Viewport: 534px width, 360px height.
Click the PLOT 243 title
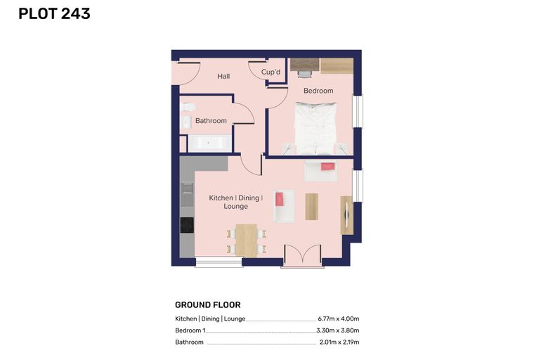[x=54, y=14]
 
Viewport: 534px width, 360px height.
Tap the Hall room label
[x=223, y=76]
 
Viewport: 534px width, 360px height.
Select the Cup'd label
[x=271, y=72]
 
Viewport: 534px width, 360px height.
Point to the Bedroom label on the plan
[x=318, y=91]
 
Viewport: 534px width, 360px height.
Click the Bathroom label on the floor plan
[x=211, y=121]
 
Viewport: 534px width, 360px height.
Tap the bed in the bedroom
[x=315, y=128]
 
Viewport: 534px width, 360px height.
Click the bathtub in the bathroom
[x=210, y=143]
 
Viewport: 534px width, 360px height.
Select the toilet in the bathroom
[x=187, y=107]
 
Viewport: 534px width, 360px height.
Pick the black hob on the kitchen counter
[x=187, y=225]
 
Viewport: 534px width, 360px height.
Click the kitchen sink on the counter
[x=187, y=188]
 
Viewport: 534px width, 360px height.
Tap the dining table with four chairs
[x=246, y=240]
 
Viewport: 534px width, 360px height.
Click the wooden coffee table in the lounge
[x=311, y=207]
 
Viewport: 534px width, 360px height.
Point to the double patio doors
[x=302, y=255]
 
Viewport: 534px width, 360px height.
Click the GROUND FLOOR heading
[x=208, y=304]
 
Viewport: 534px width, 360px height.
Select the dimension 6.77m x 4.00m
[x=339, y=319]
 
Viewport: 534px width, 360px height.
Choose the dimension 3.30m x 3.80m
[x=338, y=330]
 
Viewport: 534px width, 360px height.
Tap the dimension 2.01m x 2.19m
[x=339, y=342]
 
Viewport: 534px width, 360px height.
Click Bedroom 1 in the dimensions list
[x=190, y=330]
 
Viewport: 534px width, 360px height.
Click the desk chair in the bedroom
[x=305, y=74]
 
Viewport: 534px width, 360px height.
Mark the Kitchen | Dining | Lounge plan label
[x=235, y=202]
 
